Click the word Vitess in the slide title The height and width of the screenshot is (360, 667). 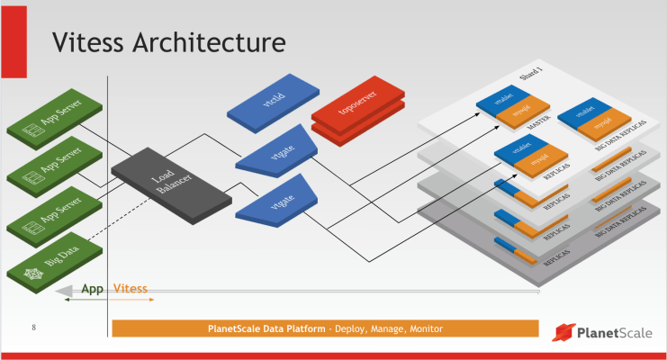(x=89, y=42)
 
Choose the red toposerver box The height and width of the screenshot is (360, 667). (x=356, y=117)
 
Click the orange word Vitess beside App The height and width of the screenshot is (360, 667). (x=131, y=290)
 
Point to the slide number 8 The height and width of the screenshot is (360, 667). (x=33, y=326)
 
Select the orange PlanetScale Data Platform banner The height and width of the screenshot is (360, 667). (x=324, y=328)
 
